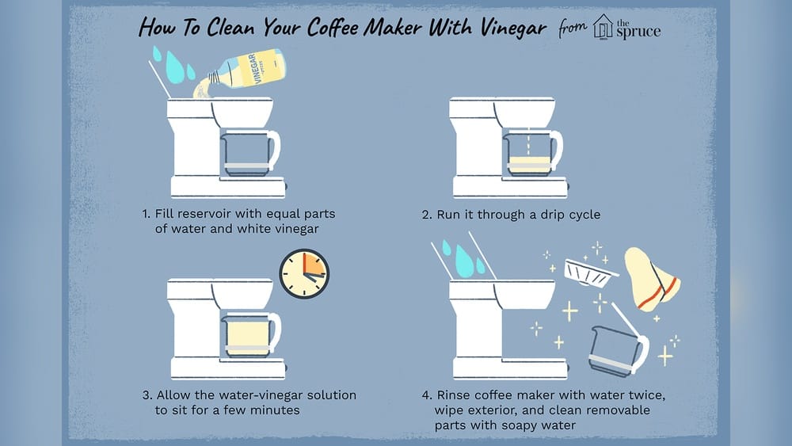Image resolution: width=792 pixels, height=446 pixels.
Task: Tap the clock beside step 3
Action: point(304,274)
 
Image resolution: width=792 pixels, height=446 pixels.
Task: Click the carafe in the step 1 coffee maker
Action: point(247,151)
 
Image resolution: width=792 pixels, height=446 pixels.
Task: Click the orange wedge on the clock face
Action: point(313,268)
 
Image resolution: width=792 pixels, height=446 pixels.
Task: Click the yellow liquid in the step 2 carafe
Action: point(530,166)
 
